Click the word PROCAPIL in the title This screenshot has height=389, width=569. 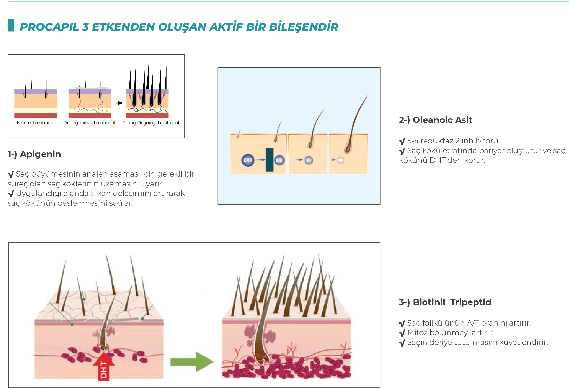click(49, 27)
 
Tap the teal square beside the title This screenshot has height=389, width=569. click(11, 25)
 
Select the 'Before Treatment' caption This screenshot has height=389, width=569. click(36, 123)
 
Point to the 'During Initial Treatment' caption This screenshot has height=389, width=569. click(90, 123)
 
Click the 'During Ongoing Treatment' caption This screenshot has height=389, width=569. click(150, 123)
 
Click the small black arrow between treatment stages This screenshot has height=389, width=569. click(119, 103)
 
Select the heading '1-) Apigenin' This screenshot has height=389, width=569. click(34, 154)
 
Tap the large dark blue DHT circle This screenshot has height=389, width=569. click(248, 160)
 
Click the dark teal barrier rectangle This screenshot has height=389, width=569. click(269, 160)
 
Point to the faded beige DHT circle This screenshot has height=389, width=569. click(341, 160)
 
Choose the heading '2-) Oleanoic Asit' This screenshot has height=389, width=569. click(435, 120)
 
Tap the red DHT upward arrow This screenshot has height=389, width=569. click(104, 367)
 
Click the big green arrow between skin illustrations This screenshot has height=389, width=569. click(192, 362)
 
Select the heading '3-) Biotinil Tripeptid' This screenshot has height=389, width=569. click(445, 302)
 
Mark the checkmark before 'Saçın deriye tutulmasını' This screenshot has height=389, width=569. click(402, 343)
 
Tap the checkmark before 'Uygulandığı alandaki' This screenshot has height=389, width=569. click(11, 194)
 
